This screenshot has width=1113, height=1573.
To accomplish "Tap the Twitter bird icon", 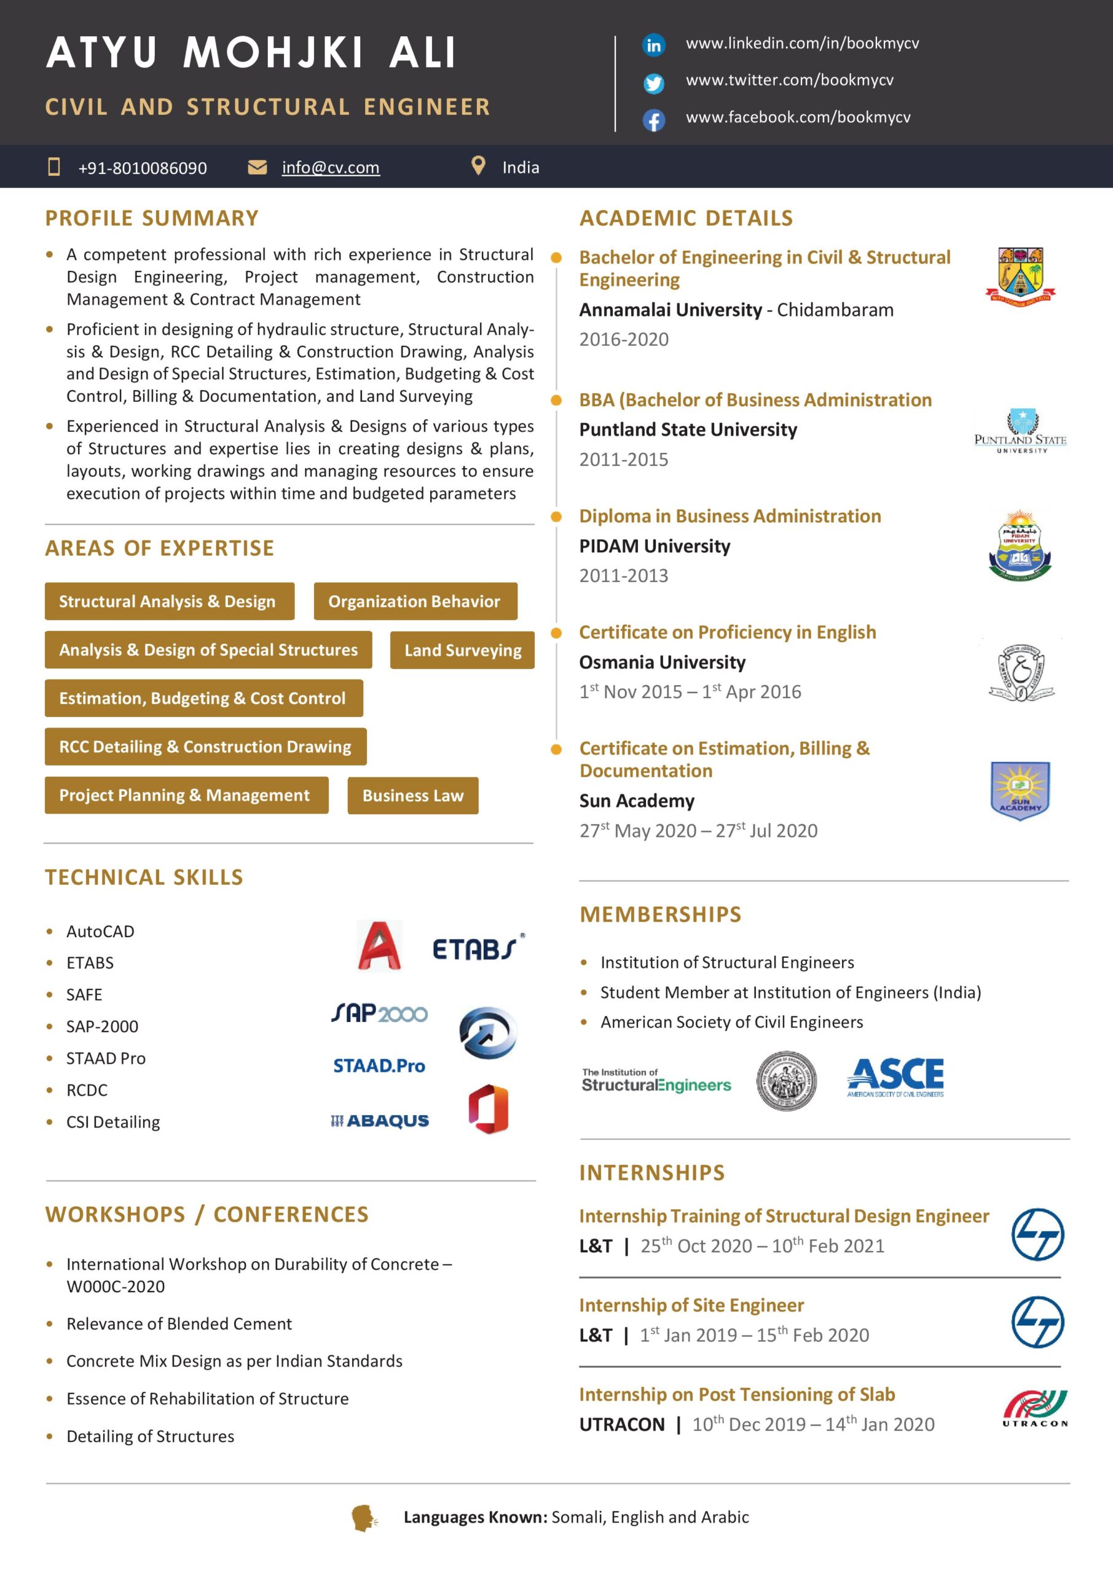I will (653, 84).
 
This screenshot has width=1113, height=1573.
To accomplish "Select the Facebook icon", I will (653, 120).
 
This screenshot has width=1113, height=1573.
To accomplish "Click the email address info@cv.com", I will (331, 168).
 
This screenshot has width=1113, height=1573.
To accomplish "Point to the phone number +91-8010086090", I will (142, 168).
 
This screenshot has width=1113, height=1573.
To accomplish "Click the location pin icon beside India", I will (478, 166).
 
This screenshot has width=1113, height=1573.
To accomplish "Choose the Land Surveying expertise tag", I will (462, 650).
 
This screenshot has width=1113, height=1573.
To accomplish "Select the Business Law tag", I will (412, 795).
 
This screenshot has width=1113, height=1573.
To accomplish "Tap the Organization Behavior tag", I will (415, 602).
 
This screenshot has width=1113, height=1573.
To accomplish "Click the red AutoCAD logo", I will (379, 946).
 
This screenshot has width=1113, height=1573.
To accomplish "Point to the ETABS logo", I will (478, 948).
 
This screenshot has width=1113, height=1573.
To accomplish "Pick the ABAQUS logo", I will (380, 1121).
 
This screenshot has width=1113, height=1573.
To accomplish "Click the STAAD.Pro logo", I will (379, 1066).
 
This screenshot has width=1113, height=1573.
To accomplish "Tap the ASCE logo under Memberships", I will (895, 1077).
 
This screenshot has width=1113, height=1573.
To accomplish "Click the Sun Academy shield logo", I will (1020, 791).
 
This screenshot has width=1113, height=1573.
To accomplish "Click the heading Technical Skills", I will (144, 877).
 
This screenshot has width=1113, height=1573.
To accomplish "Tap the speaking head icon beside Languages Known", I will (364, 1518).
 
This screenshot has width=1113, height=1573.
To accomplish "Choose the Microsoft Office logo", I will (488, 1108).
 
